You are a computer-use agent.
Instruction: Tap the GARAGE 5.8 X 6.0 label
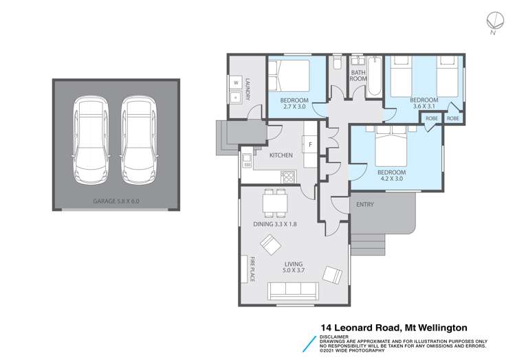pyautogui.click(x=116, y=202)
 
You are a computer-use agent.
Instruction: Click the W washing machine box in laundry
pyautogui.click(x=235, y=82)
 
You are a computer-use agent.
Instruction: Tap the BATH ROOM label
pyautogui.click(x=358, y=76)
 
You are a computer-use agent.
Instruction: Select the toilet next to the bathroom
pyautogui.click(x=337, y=65)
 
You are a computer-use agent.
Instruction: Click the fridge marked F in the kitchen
pyautogui.click(x=310, y=145)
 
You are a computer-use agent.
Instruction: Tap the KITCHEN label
pyautogui.click(x=281, y=155)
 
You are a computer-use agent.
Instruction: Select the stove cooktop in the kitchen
pyautogui.click(x=288, y=177)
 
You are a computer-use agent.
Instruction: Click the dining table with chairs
pyautogui.click(x=274, y=202)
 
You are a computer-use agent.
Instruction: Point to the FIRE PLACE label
pyautogui.click(x=252, y=269)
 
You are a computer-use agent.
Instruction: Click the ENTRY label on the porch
pyautogui.click(x=365, y=204)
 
